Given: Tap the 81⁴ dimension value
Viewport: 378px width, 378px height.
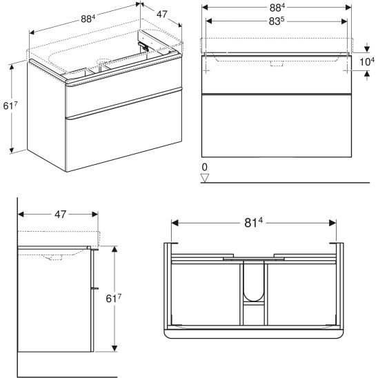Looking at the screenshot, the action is click(x=253, y=223).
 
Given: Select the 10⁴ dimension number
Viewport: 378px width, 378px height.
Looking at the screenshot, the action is click(x=367, y=61).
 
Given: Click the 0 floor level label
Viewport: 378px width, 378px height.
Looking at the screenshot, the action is click(x=204, y=167).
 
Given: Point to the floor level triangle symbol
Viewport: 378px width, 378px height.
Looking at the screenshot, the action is click(x=205, y=178).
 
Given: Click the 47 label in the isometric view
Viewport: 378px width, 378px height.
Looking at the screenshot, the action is click(x=161, y=14).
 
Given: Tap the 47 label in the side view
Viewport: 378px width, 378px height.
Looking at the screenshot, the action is click(x=60, y=214).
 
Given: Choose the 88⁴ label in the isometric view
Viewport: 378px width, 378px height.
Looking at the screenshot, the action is click(x=88, y=19).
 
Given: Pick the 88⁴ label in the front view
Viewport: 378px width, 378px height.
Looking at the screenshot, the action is click(x=277, y=8).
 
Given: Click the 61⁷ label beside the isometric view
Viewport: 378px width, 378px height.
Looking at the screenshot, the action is click(x=10, y=106).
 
